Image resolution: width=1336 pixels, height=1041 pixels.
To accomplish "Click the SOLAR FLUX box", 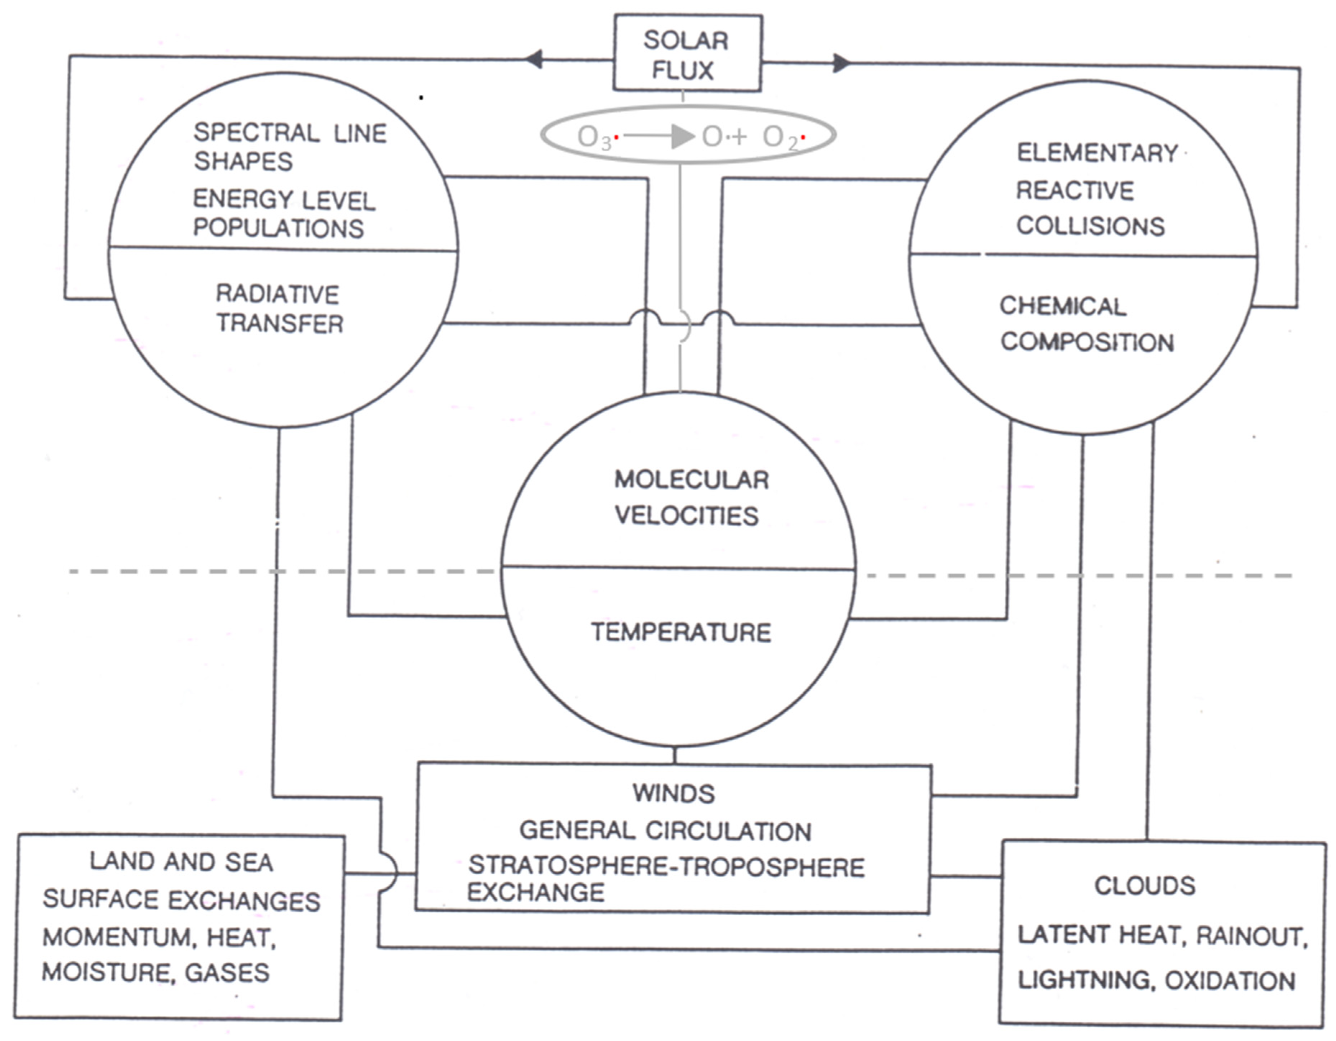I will [687, 54].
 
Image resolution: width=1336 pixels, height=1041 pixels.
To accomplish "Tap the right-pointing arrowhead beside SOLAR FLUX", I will [841, 63].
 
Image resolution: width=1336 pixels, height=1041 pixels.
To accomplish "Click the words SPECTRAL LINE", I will [290, 133].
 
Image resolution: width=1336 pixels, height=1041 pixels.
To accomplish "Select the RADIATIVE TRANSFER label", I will [279, 309].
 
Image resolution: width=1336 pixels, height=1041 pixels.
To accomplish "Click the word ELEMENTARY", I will [1097, 153].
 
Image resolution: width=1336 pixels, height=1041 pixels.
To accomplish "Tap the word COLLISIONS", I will [1090, 226].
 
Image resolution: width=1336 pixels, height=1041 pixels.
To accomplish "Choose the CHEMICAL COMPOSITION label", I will [1086, 324].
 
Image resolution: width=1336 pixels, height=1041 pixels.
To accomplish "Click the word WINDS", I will [673, 793].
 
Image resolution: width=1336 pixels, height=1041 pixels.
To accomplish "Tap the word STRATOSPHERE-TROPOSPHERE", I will [666, 867].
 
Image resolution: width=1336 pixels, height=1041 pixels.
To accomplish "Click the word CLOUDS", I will [1144, 886].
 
